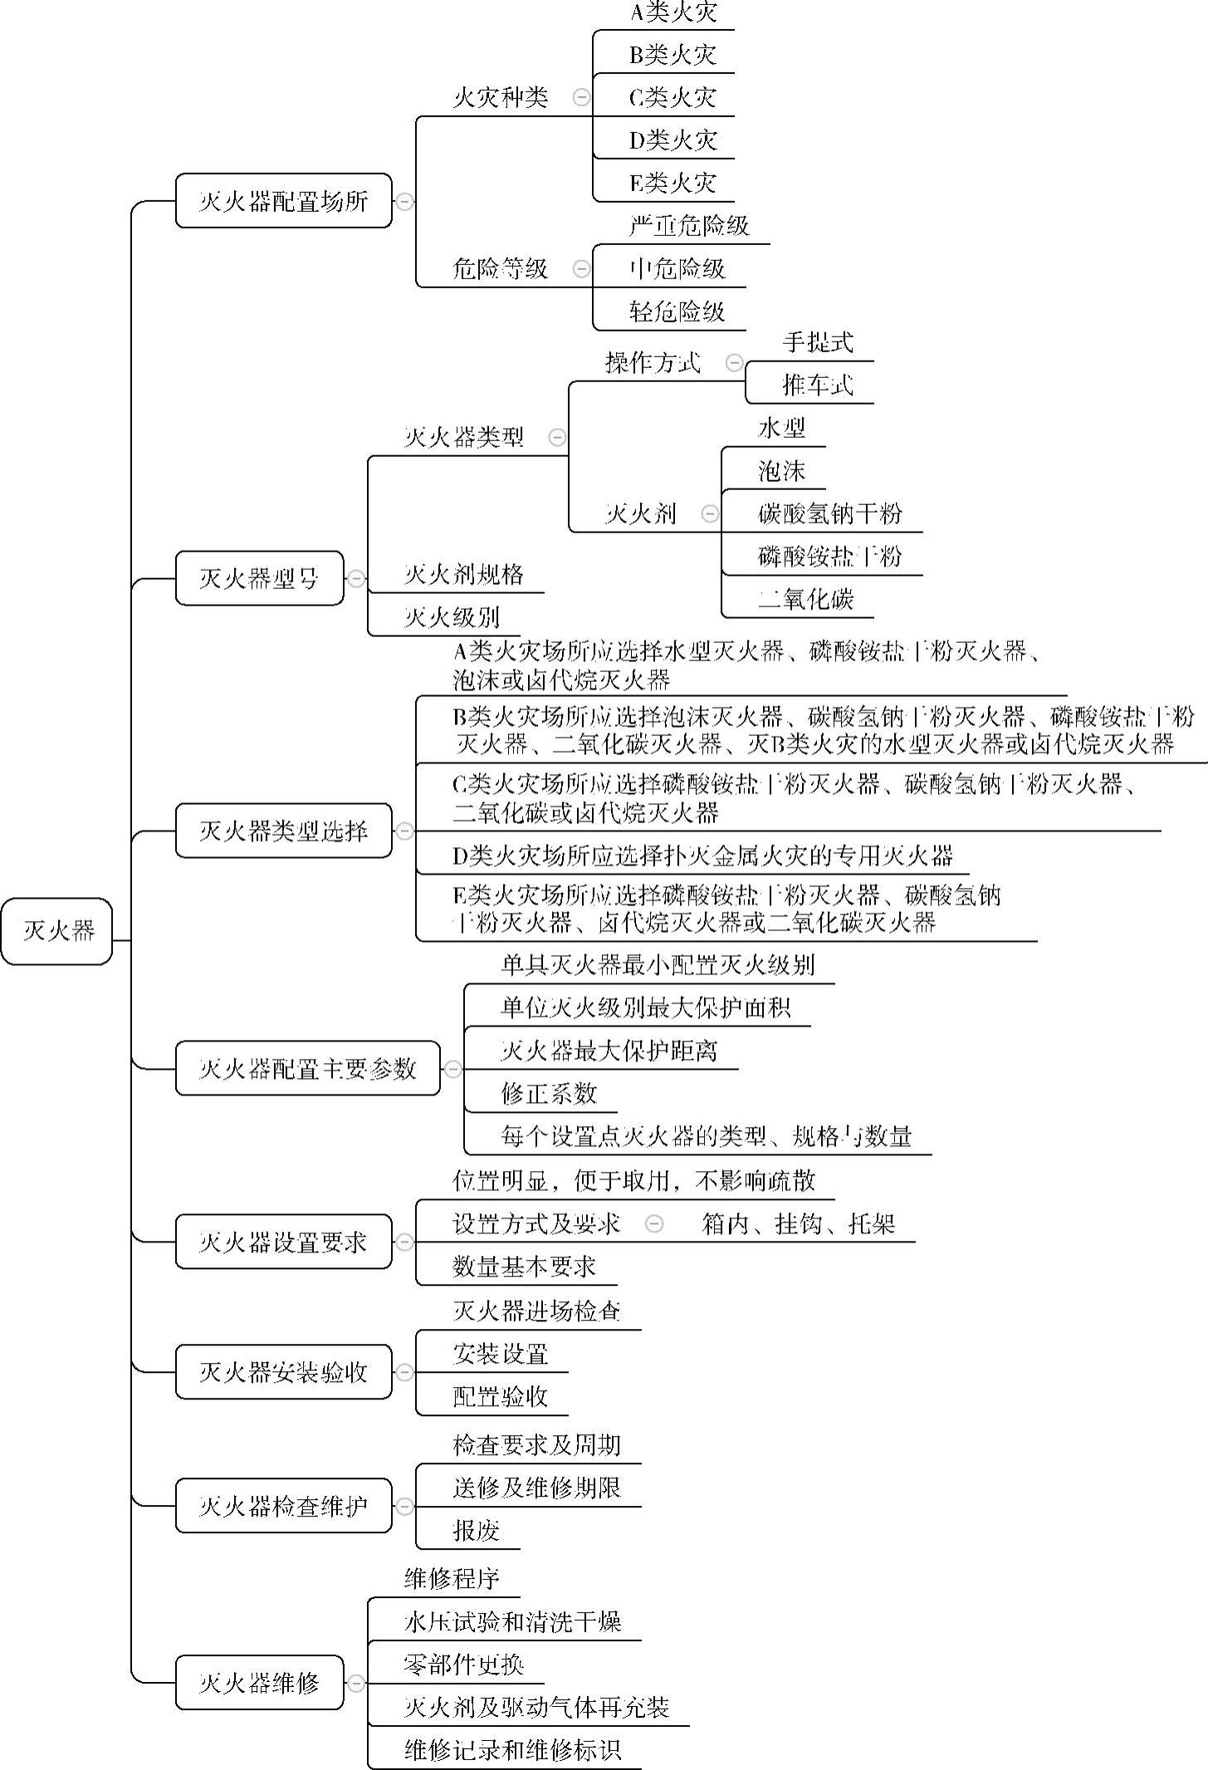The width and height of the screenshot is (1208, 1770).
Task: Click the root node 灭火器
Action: (x=56, y=930)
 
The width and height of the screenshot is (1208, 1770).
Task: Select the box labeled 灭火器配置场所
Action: (x=283, y=201)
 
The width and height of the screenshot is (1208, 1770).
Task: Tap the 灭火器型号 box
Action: (x=259, y=578)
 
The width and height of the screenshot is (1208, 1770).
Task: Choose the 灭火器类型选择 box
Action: (x=283, y=831)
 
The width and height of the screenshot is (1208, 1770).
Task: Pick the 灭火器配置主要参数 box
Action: (x=307, y=1068)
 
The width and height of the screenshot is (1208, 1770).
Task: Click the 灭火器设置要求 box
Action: (x=283, y=1242)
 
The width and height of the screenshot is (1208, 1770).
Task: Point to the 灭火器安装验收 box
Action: (x=283, y=1372)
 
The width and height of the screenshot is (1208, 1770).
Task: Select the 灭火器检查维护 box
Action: (x=283, y=1506)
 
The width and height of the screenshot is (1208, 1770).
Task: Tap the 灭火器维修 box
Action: (x=259, y=1683)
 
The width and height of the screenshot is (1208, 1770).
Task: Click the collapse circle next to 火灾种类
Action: (x=582, y=97)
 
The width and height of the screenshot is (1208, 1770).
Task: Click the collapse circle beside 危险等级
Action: (x=582, y=268)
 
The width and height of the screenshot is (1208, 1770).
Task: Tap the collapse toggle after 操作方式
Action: (x=734, y=362)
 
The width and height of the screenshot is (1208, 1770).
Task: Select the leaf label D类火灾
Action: (x=672, y=140)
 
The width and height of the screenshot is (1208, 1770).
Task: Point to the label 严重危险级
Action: (x=689, y=225)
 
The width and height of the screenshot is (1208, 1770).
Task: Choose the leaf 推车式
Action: (x=817, y=385)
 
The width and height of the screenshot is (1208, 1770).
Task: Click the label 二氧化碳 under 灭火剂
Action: (x=805, y=599)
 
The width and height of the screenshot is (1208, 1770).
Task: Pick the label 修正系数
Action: (x=548, y=1093)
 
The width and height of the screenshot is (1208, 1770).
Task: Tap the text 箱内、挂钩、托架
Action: (x=797, y=1223)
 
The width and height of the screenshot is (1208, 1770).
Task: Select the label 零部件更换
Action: (x=463, y=1665)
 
